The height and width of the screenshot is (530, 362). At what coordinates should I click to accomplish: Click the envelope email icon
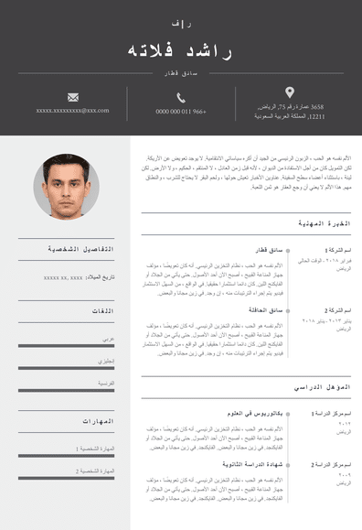point(73,97)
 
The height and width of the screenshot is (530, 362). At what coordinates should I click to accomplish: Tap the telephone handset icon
point(181,97)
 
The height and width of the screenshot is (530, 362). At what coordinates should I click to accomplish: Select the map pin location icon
point(290,92)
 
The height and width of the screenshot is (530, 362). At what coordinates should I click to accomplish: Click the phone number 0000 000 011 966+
point(181,112)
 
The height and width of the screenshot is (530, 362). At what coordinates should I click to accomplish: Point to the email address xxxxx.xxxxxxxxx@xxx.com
point(73,111)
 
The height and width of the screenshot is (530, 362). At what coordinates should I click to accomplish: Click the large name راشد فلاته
point(180,51)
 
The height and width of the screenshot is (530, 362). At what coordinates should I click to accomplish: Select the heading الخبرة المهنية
point(325,223)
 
